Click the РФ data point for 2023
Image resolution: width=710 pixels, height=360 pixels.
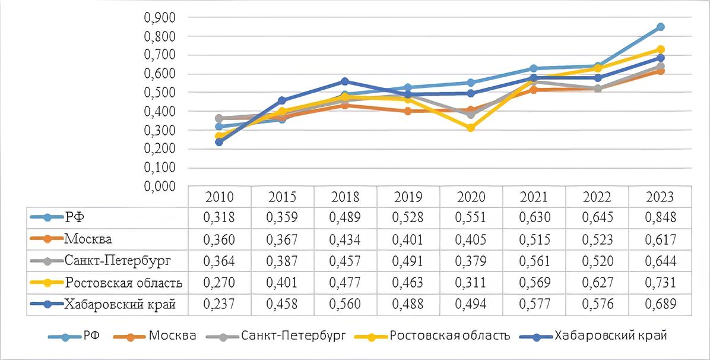661,27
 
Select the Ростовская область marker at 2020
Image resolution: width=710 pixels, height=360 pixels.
471,128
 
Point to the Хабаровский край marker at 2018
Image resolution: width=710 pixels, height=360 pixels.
345,81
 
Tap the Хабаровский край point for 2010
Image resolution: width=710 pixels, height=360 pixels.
219,142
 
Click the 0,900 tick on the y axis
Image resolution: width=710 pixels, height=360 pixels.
160,18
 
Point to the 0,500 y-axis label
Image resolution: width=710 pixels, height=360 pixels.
160,93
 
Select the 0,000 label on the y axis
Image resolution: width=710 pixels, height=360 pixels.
160,187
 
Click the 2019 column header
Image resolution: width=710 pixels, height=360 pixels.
408,197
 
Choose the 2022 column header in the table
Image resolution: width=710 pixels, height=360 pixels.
597,197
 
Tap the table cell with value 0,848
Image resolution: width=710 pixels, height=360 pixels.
660,218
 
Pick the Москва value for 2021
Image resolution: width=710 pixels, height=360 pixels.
534,239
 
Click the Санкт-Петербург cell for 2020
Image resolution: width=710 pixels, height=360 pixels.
471,261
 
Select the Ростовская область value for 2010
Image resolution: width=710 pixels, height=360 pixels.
219,282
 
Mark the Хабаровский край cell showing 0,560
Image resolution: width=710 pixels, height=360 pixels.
345,304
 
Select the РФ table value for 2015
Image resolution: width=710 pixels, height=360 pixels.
282,218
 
